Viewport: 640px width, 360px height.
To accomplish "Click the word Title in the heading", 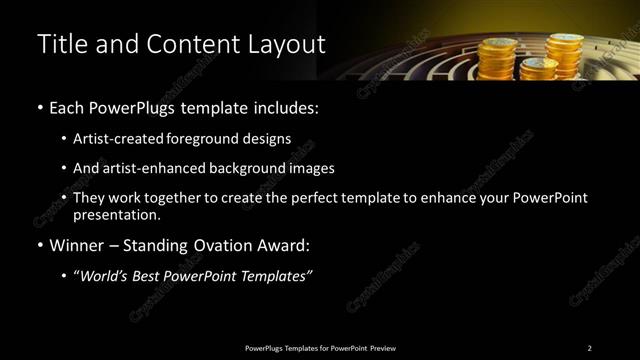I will pos(61,44).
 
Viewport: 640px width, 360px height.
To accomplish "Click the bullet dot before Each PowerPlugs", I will pos(39,106).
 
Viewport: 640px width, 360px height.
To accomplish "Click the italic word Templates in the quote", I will pos(275,276).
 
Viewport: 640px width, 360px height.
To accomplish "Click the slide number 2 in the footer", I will pos(589,348).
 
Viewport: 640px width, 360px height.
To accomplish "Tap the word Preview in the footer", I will pos(383,348).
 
